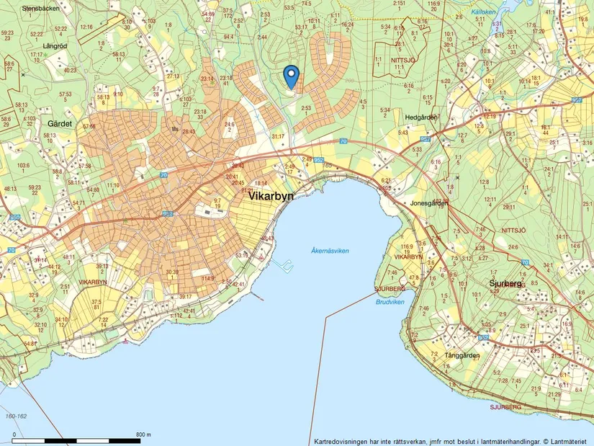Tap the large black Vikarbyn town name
coord(271,196)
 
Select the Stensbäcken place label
coord(39,9)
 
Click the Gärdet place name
coord(60,124)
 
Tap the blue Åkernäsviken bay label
coord(330,251)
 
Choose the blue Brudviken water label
coord(390,302)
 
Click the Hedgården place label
coord(421,117)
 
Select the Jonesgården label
coord(429,203)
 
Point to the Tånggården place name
coord(462,355)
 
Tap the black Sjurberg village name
coord(504,284)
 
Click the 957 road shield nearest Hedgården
coord(426,138)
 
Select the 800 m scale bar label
coord(143,434)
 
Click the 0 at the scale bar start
coord(14,434)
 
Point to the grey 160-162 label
coord(16,416)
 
